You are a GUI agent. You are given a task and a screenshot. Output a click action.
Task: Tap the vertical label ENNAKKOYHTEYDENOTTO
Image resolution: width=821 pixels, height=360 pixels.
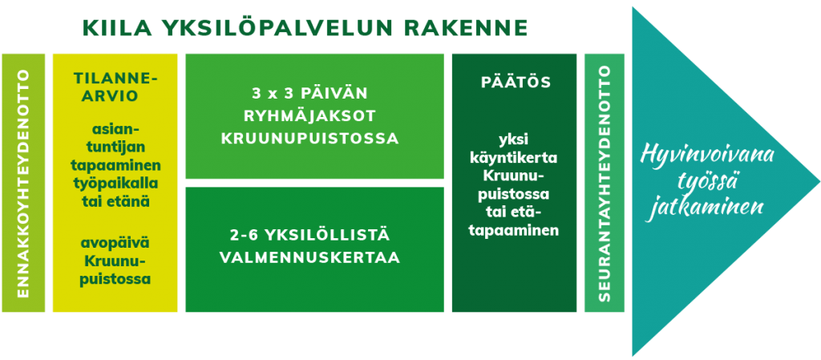[x=23, y=183]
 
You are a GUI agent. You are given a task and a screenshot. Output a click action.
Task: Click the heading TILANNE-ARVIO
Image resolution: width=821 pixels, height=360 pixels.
[x=115, y=87]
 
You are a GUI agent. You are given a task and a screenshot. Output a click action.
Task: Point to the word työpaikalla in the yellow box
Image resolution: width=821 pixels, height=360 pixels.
[x=115, y=183]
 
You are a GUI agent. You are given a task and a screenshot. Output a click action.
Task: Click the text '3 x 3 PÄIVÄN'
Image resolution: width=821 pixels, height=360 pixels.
[x=310, y=94]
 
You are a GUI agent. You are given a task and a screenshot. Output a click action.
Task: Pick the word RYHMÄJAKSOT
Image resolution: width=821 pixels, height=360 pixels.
[x=310, y=116]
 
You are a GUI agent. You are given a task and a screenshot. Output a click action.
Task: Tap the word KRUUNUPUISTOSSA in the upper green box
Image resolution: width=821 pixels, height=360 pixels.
[x=310, y=140]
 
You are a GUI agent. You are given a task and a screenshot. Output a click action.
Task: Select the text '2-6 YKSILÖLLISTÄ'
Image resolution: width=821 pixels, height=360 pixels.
[x=310, y=235]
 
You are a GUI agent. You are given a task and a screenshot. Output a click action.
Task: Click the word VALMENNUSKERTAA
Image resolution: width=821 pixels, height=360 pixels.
[x=310, y=257]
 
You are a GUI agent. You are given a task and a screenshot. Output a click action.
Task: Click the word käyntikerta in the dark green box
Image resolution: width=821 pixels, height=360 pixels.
[x=514, y=158]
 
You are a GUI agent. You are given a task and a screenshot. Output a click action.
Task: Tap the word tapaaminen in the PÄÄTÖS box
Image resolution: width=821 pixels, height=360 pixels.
[x=514, y=230]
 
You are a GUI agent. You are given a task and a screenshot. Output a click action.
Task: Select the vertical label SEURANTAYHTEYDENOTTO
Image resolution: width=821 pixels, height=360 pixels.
[x=605, y=183]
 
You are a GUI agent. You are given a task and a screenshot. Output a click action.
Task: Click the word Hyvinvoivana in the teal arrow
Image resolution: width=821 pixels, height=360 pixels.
[x=708, y=156]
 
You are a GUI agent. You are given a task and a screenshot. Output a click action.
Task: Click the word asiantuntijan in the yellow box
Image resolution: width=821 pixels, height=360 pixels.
[x=115, y=140]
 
